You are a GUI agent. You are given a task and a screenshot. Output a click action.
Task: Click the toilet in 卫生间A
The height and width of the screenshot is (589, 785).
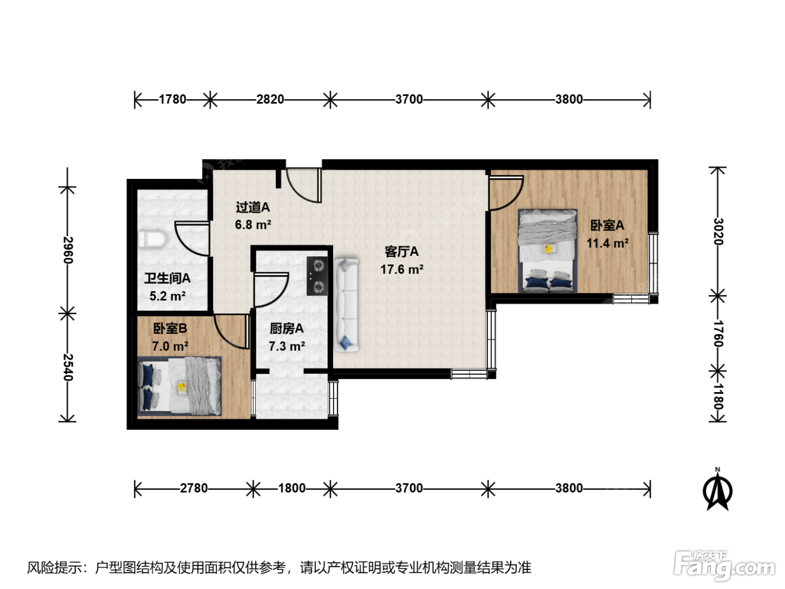[152, 240]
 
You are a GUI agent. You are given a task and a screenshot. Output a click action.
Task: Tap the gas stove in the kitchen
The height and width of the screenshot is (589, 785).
[317, 276]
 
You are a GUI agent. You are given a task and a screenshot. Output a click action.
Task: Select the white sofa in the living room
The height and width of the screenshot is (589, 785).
[346, 305]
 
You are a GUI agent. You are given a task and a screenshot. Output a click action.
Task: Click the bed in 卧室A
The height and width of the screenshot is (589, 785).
[547, 251]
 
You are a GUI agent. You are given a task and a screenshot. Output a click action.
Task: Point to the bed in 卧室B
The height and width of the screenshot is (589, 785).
[179, 386]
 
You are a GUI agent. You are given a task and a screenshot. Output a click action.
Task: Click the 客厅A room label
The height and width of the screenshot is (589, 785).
[401, 252]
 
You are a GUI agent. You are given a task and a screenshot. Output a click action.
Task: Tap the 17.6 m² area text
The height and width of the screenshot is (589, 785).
[401, 269]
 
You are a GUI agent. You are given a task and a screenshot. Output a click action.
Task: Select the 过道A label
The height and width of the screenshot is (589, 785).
[252, 207]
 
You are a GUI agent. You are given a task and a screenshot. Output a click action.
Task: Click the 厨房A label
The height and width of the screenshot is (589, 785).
[287, 328]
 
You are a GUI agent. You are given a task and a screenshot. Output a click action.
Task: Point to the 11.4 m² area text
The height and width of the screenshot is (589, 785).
[607, 243]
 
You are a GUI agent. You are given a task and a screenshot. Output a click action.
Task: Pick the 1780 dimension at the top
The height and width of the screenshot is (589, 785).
[172, 99]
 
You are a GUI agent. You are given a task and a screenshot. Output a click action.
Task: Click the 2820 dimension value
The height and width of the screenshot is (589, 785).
[270, 99]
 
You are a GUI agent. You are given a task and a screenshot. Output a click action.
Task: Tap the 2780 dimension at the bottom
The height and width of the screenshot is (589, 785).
[193, 488]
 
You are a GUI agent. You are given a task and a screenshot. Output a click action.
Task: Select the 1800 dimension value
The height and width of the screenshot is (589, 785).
[292, 488]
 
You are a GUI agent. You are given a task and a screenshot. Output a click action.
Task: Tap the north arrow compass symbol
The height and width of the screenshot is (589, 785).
[717, 490]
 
